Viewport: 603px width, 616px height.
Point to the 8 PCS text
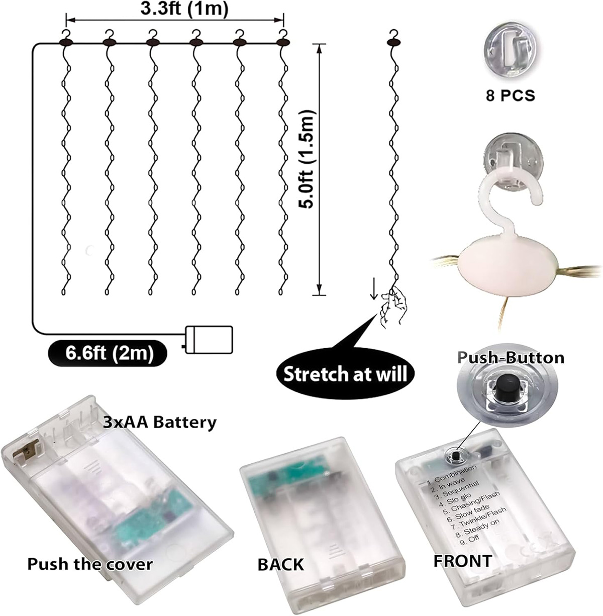tap(511, 95)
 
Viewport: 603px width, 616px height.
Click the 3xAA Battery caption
tap(160, 422)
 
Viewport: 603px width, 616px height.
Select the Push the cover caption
tap(90, 564)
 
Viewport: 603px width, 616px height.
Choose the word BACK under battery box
tap(281, 564)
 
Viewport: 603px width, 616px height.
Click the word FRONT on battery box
tap(463, 561)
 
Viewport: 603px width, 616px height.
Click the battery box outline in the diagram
tap(210, 340)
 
